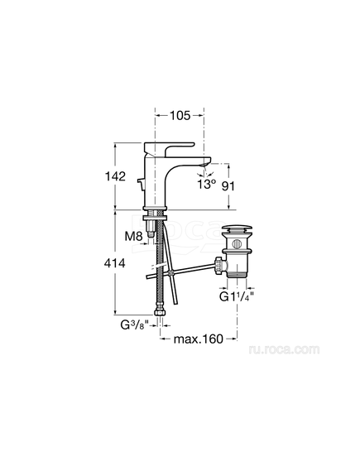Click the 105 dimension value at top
pos(180,115)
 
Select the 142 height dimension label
pos(115,176)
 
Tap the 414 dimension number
pos(115,263)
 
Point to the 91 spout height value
pos(228,186)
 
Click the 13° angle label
pos(207,184)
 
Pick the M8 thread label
pos(133,237)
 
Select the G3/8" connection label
pos(135,324)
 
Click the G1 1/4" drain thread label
pos(237,296)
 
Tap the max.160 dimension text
pos(199,339)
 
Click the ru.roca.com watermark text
pos(284,349)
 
